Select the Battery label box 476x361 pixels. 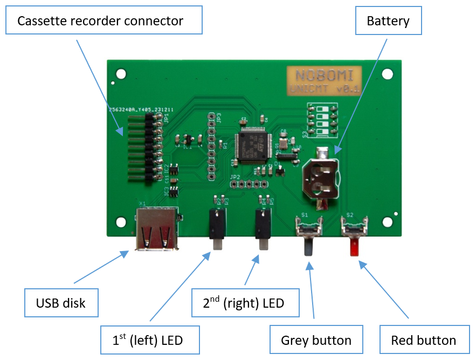388,22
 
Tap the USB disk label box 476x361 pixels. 61,303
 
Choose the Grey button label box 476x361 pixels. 316,340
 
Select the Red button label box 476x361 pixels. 423,340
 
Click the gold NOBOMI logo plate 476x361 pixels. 324,81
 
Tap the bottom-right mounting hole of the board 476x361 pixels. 387,221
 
